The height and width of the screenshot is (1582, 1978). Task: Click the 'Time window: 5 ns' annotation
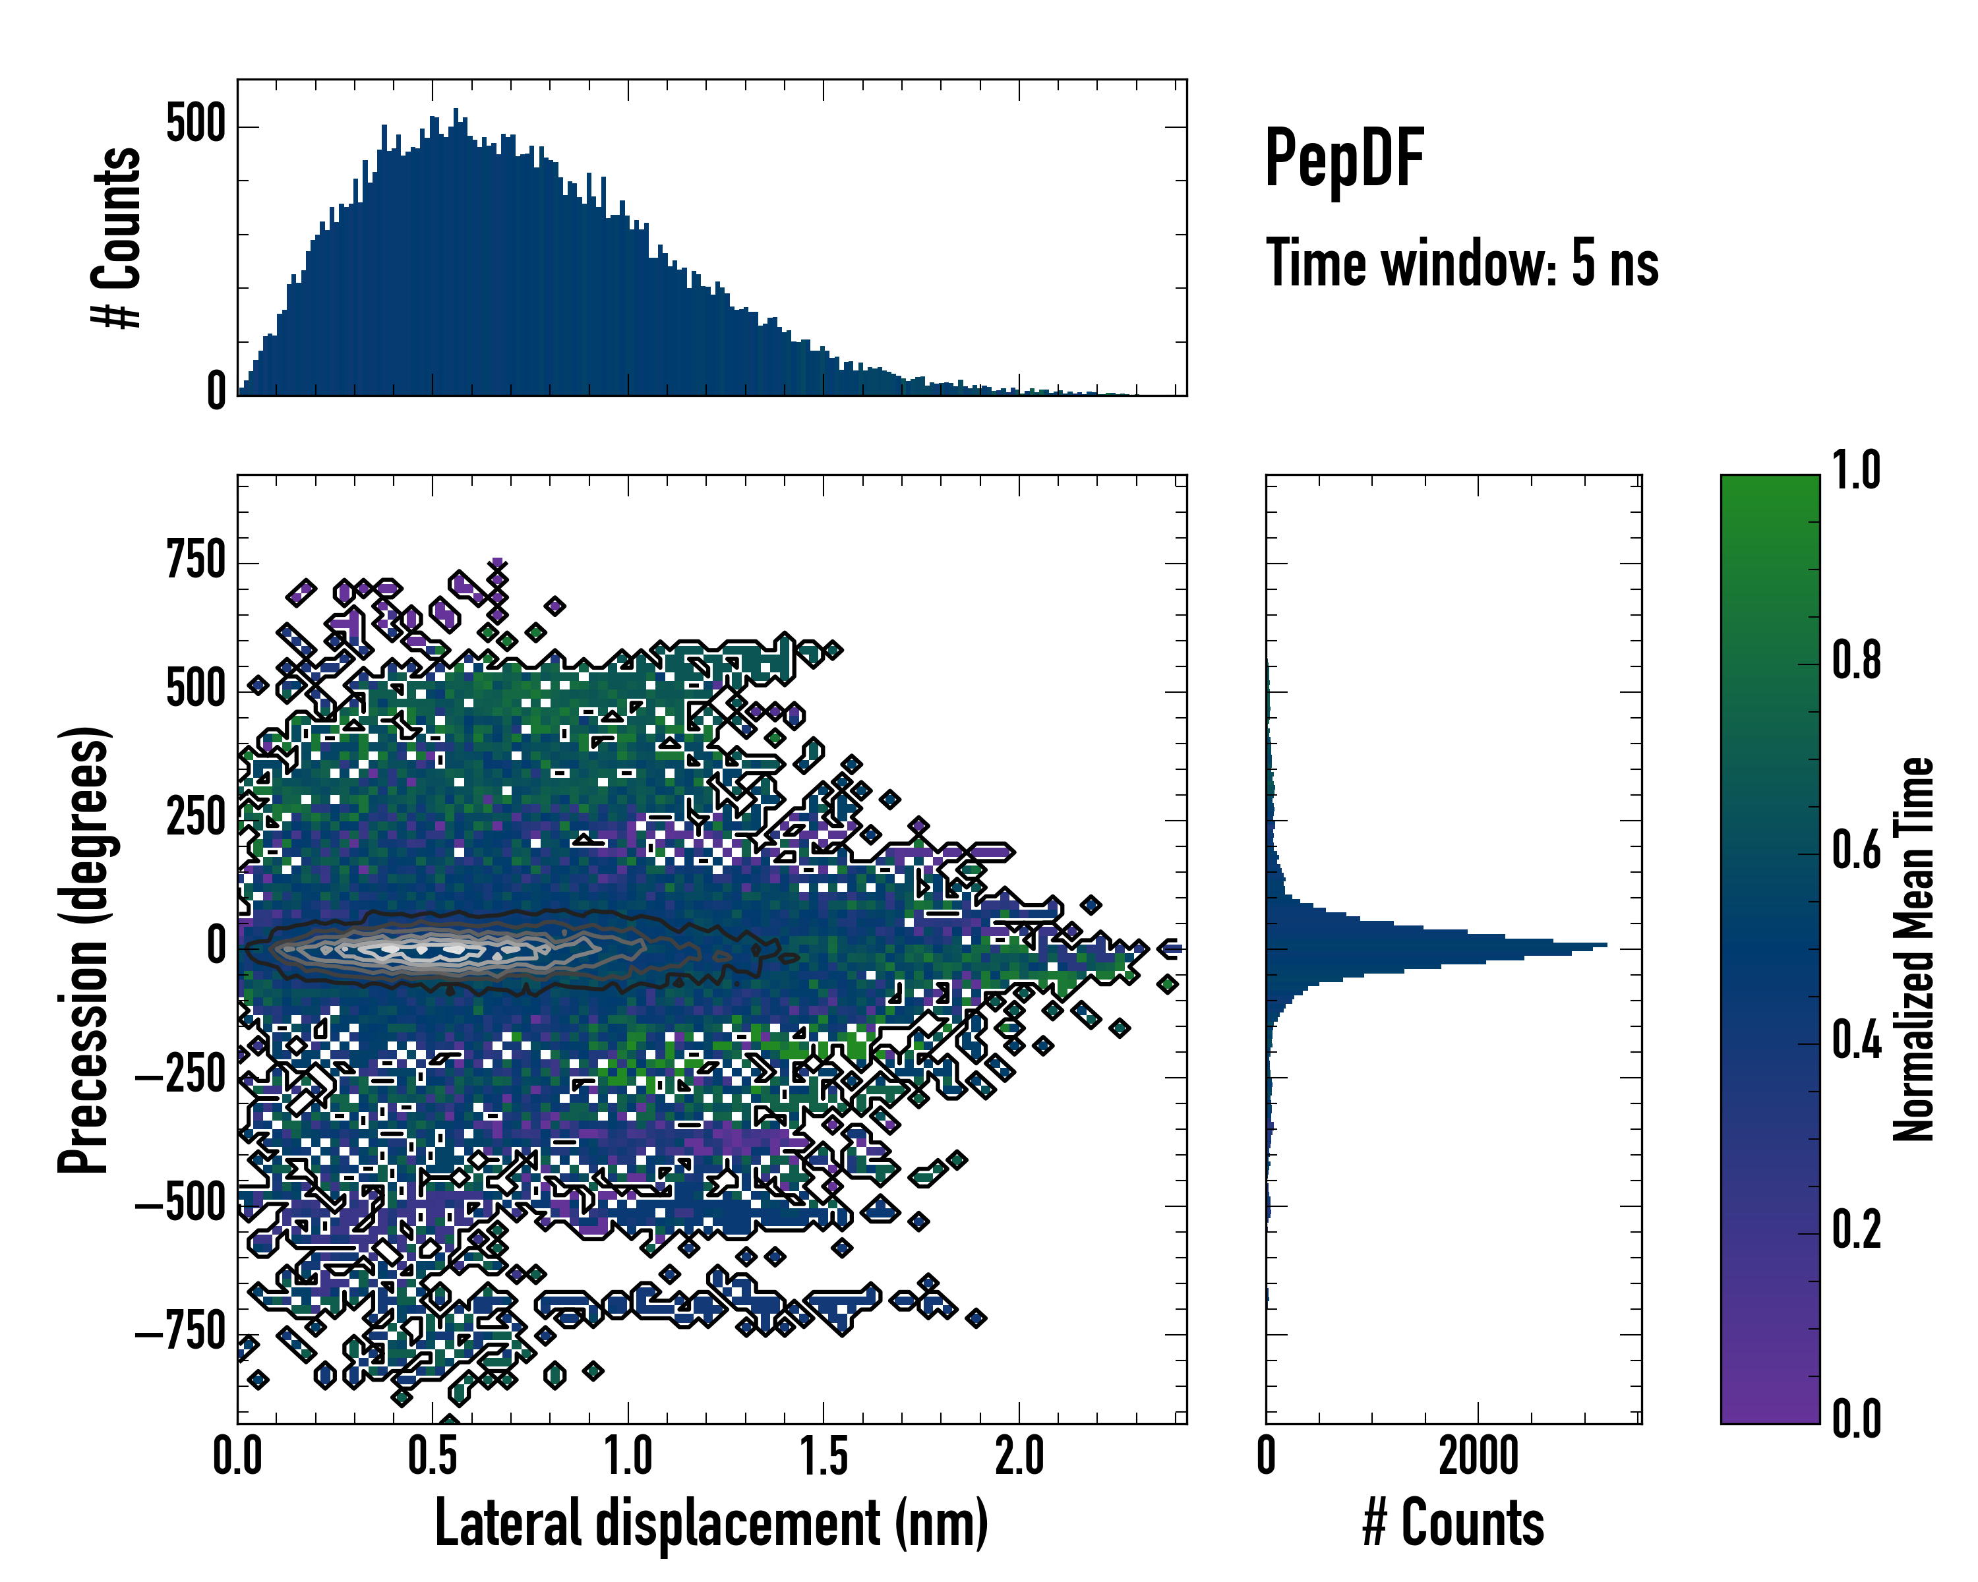[x=1462, y=263]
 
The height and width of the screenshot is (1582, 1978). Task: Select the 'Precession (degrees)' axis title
[x=84, y=949]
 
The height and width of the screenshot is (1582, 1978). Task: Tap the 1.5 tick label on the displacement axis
[x=823, y=1456]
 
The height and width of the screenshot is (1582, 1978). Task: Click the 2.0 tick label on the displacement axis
[x=1019, y=1456]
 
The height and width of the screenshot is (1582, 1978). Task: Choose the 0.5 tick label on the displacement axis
[x=432, y=1456]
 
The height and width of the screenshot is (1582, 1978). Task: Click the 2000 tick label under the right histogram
[x=1478, y=1456]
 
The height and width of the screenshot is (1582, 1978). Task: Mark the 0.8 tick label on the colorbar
[x=1856, y=660]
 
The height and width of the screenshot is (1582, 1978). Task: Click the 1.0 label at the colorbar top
[x=1856, y=471]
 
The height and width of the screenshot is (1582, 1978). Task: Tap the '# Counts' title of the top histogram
[x=117, y=237]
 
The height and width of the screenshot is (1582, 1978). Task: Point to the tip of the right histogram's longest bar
[x=1605, y=945]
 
